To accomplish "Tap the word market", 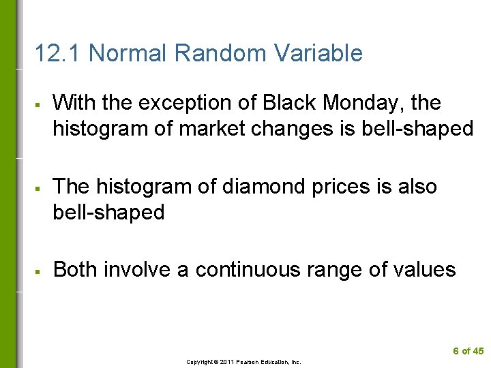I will click(x=221, y=129).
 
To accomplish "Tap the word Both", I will click(x=74, y=270).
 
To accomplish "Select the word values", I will click(x=422, y=270).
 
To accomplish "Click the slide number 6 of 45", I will click(x=468, y=351).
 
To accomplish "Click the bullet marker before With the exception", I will click(x=42, y=104).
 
